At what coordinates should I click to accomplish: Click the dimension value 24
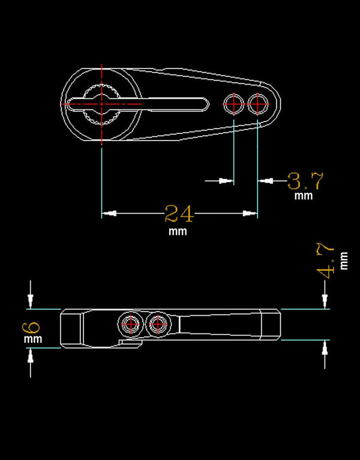click(179, 213)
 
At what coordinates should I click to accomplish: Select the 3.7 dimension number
click(305, 181)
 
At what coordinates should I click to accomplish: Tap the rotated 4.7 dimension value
click(326, 261)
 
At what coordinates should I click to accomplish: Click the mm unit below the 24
click(178, 231)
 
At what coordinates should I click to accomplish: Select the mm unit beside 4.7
click(344, 261)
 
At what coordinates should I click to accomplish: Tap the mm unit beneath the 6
click(32, 340)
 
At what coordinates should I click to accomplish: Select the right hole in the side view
click(157, 324)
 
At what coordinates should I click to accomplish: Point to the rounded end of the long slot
click(206, 104)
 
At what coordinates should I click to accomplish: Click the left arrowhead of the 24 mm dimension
click(109, 213)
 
